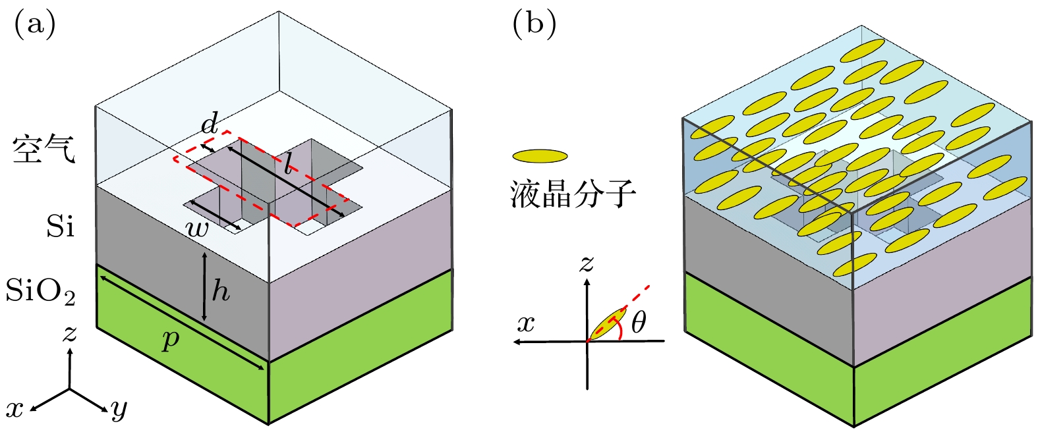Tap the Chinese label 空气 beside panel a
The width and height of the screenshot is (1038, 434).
[44, 150]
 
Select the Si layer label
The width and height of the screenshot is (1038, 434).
[61, 227]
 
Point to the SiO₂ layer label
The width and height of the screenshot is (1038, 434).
[41, 291]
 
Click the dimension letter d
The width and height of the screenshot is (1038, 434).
[210, 123]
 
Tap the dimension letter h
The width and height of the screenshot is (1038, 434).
[220, 290]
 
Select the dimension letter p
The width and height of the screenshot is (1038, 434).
[171, 339]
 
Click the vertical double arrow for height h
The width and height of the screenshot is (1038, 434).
[205, 287]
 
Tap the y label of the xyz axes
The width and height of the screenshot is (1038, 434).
[119, 410]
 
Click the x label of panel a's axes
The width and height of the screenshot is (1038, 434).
[14, 409]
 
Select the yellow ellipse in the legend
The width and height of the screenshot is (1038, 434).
[540, 156]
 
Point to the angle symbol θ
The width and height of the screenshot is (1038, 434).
[638, 323]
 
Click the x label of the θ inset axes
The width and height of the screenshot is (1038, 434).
[526, 324]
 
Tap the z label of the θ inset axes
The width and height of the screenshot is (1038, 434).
[586, 264]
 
